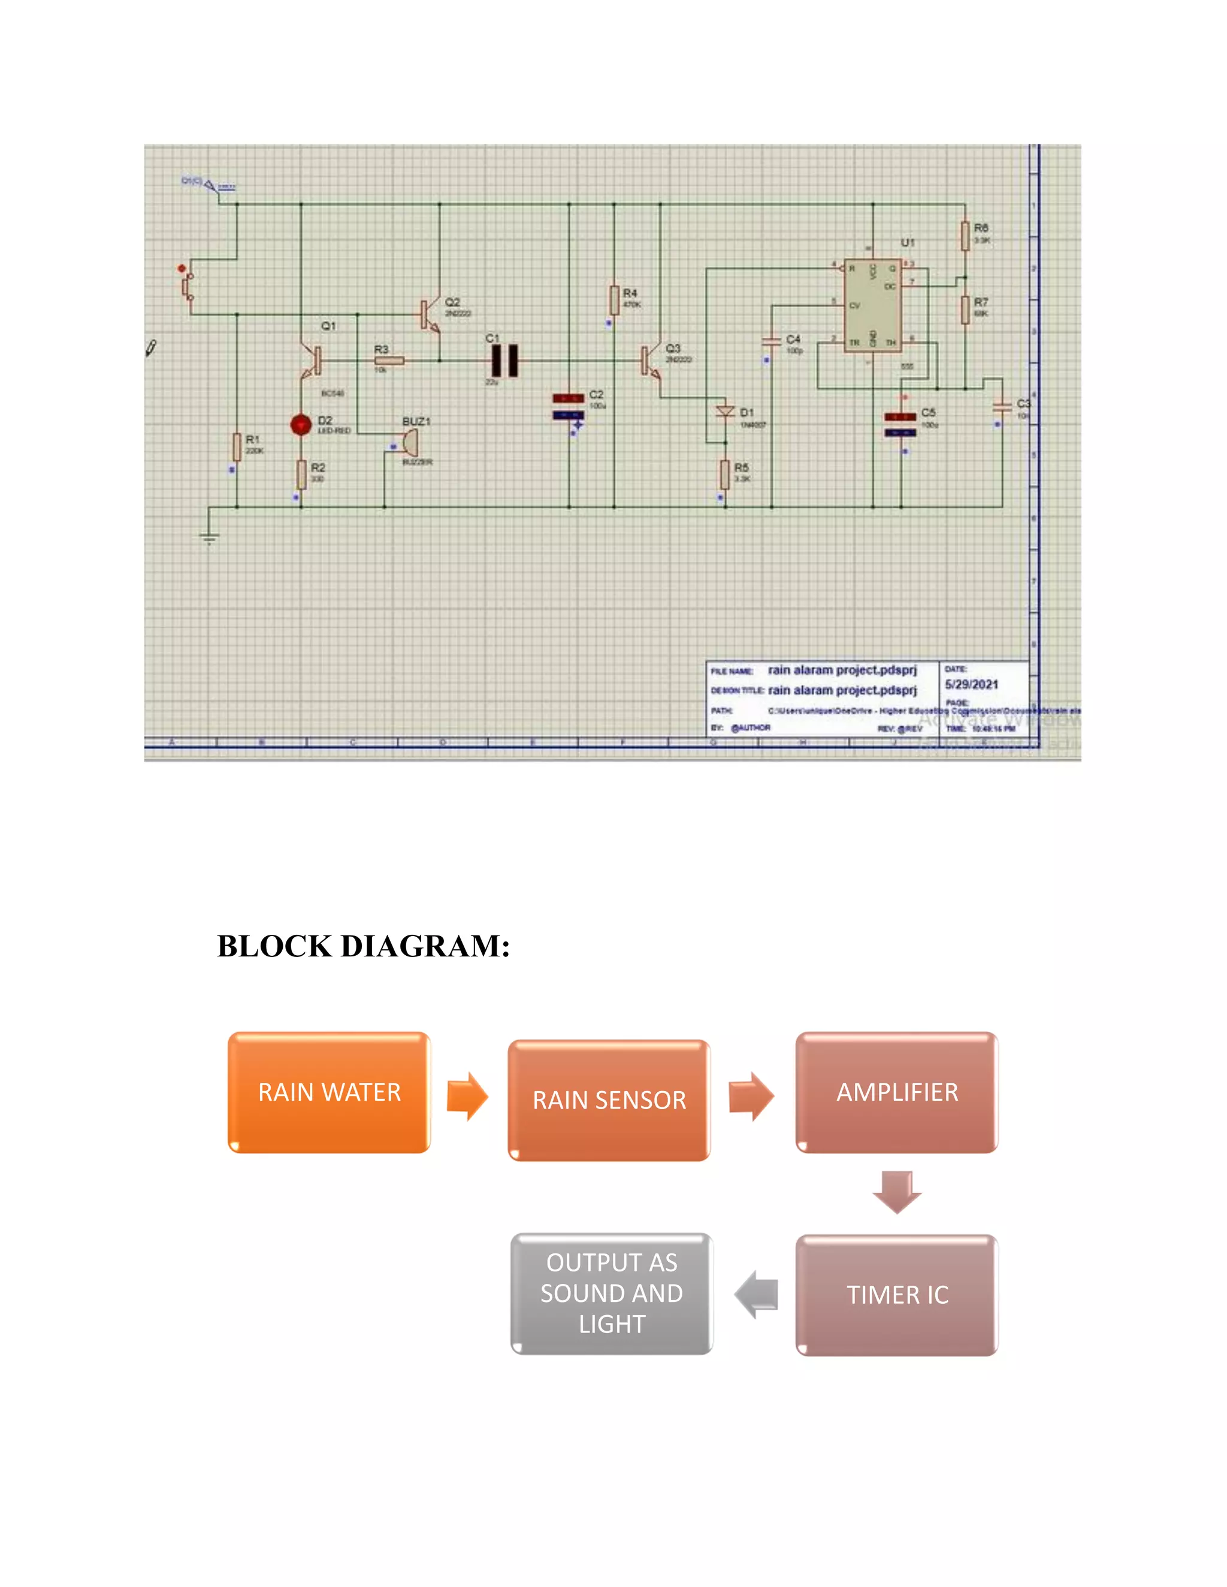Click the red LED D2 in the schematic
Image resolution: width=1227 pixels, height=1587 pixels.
301,425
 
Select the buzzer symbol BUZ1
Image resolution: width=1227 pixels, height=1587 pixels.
409,442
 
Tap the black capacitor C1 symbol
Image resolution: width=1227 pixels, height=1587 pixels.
505,361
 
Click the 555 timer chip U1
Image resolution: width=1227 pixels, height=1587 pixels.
872,306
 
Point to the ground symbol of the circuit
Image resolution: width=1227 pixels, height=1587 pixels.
209,538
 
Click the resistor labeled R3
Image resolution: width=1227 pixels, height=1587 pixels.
389,361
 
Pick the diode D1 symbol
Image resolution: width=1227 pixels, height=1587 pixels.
725,412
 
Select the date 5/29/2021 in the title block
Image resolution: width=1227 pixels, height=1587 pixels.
971,685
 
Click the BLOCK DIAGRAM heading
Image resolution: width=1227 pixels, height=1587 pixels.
364,946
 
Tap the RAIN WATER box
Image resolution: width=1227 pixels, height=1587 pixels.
330,1092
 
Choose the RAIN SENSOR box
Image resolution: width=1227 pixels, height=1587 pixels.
609,1100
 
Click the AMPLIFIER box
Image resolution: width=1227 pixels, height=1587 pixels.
897,1092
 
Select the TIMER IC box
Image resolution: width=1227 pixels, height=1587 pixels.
897,1295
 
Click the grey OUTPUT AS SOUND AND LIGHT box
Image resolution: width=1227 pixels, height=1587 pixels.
611,1294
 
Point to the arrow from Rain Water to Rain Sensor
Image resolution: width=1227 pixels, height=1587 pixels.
467,1096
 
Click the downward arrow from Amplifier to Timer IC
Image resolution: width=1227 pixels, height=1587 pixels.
897,1192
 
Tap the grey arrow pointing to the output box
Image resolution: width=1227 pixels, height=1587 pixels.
757,1294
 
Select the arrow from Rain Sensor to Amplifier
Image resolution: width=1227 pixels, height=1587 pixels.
752,1096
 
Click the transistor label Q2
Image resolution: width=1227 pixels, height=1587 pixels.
452,302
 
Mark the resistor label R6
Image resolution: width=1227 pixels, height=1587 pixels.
981,228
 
